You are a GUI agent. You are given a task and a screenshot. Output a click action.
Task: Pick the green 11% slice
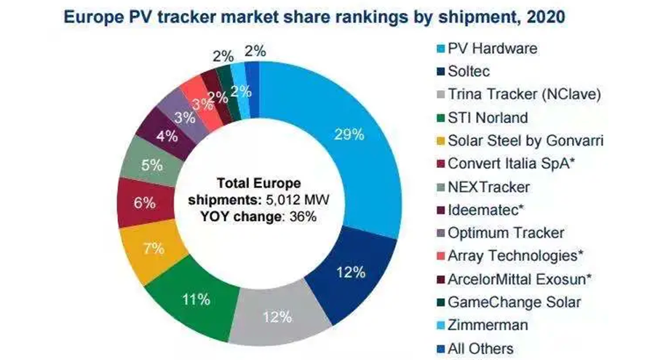pos(197,298)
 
